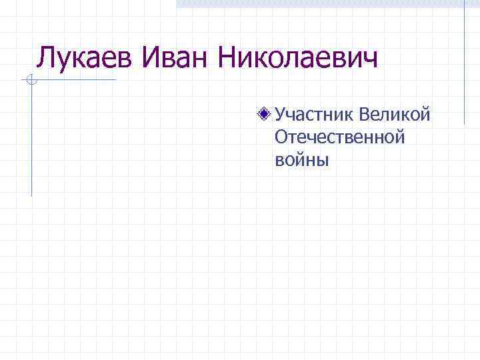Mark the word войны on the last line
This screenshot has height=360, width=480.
(x=302, y=160)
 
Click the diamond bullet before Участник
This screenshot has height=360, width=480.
(x=265, y=114)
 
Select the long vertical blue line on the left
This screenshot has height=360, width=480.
(x=31, y=140)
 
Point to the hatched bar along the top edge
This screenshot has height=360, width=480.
(x=320, y=3)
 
